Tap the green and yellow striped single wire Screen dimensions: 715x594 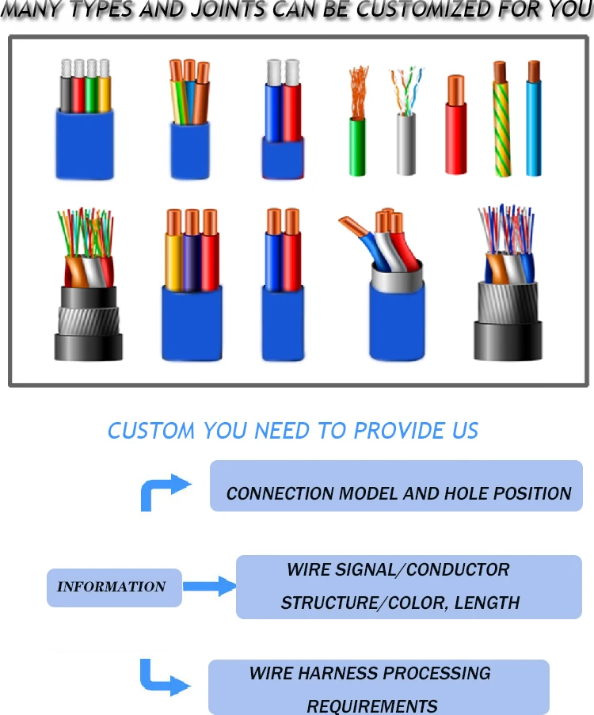pos(501,127)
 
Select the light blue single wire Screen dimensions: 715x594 pos(535,127)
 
